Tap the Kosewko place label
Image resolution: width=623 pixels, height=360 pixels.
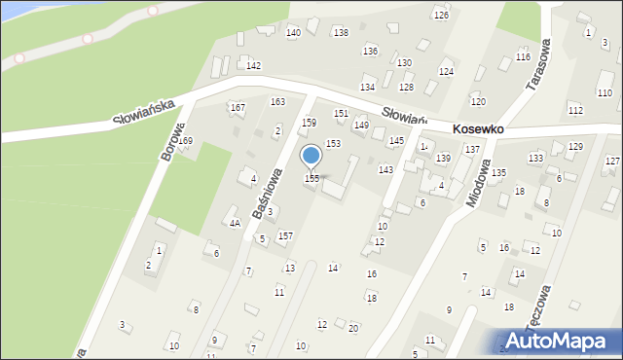pyautogui.click(x=477, y=128)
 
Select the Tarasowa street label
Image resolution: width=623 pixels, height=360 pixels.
pyautogui.click(x=537, y=66)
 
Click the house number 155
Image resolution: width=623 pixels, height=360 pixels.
pyautogui.click(x=311, y=179)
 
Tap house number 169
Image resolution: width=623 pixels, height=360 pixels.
pyautogui.click(x=185, y=141)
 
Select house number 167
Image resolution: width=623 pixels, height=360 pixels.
pyautogui.click(x=237, y=107)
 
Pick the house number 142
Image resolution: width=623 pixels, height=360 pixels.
pyautogui.click(x=253, y=65)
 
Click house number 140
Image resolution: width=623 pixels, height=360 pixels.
pyautogui.click(x=293, y=33)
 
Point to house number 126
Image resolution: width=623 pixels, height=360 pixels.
pyautogui.click(x=441, y=16)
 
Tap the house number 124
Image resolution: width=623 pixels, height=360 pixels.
pyautogui.click(x=446, y=72)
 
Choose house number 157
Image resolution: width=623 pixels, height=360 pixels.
pyautogui.click(x=285, y=236)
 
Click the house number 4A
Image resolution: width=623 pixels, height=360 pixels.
pyautogui.click(x=235, y=223)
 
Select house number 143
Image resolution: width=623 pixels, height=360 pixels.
pyautogui.click(x=385, y=170)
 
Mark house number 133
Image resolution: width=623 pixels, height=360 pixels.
pyautogui.click(x=535, y=158)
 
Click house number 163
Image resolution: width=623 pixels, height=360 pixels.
pyautogui.click(x=277, y=102)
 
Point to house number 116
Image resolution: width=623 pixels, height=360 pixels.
pyautogui.click(x=523, y=57)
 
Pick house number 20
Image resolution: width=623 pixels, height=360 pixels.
pyautogui.click(x=353, y=328)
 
